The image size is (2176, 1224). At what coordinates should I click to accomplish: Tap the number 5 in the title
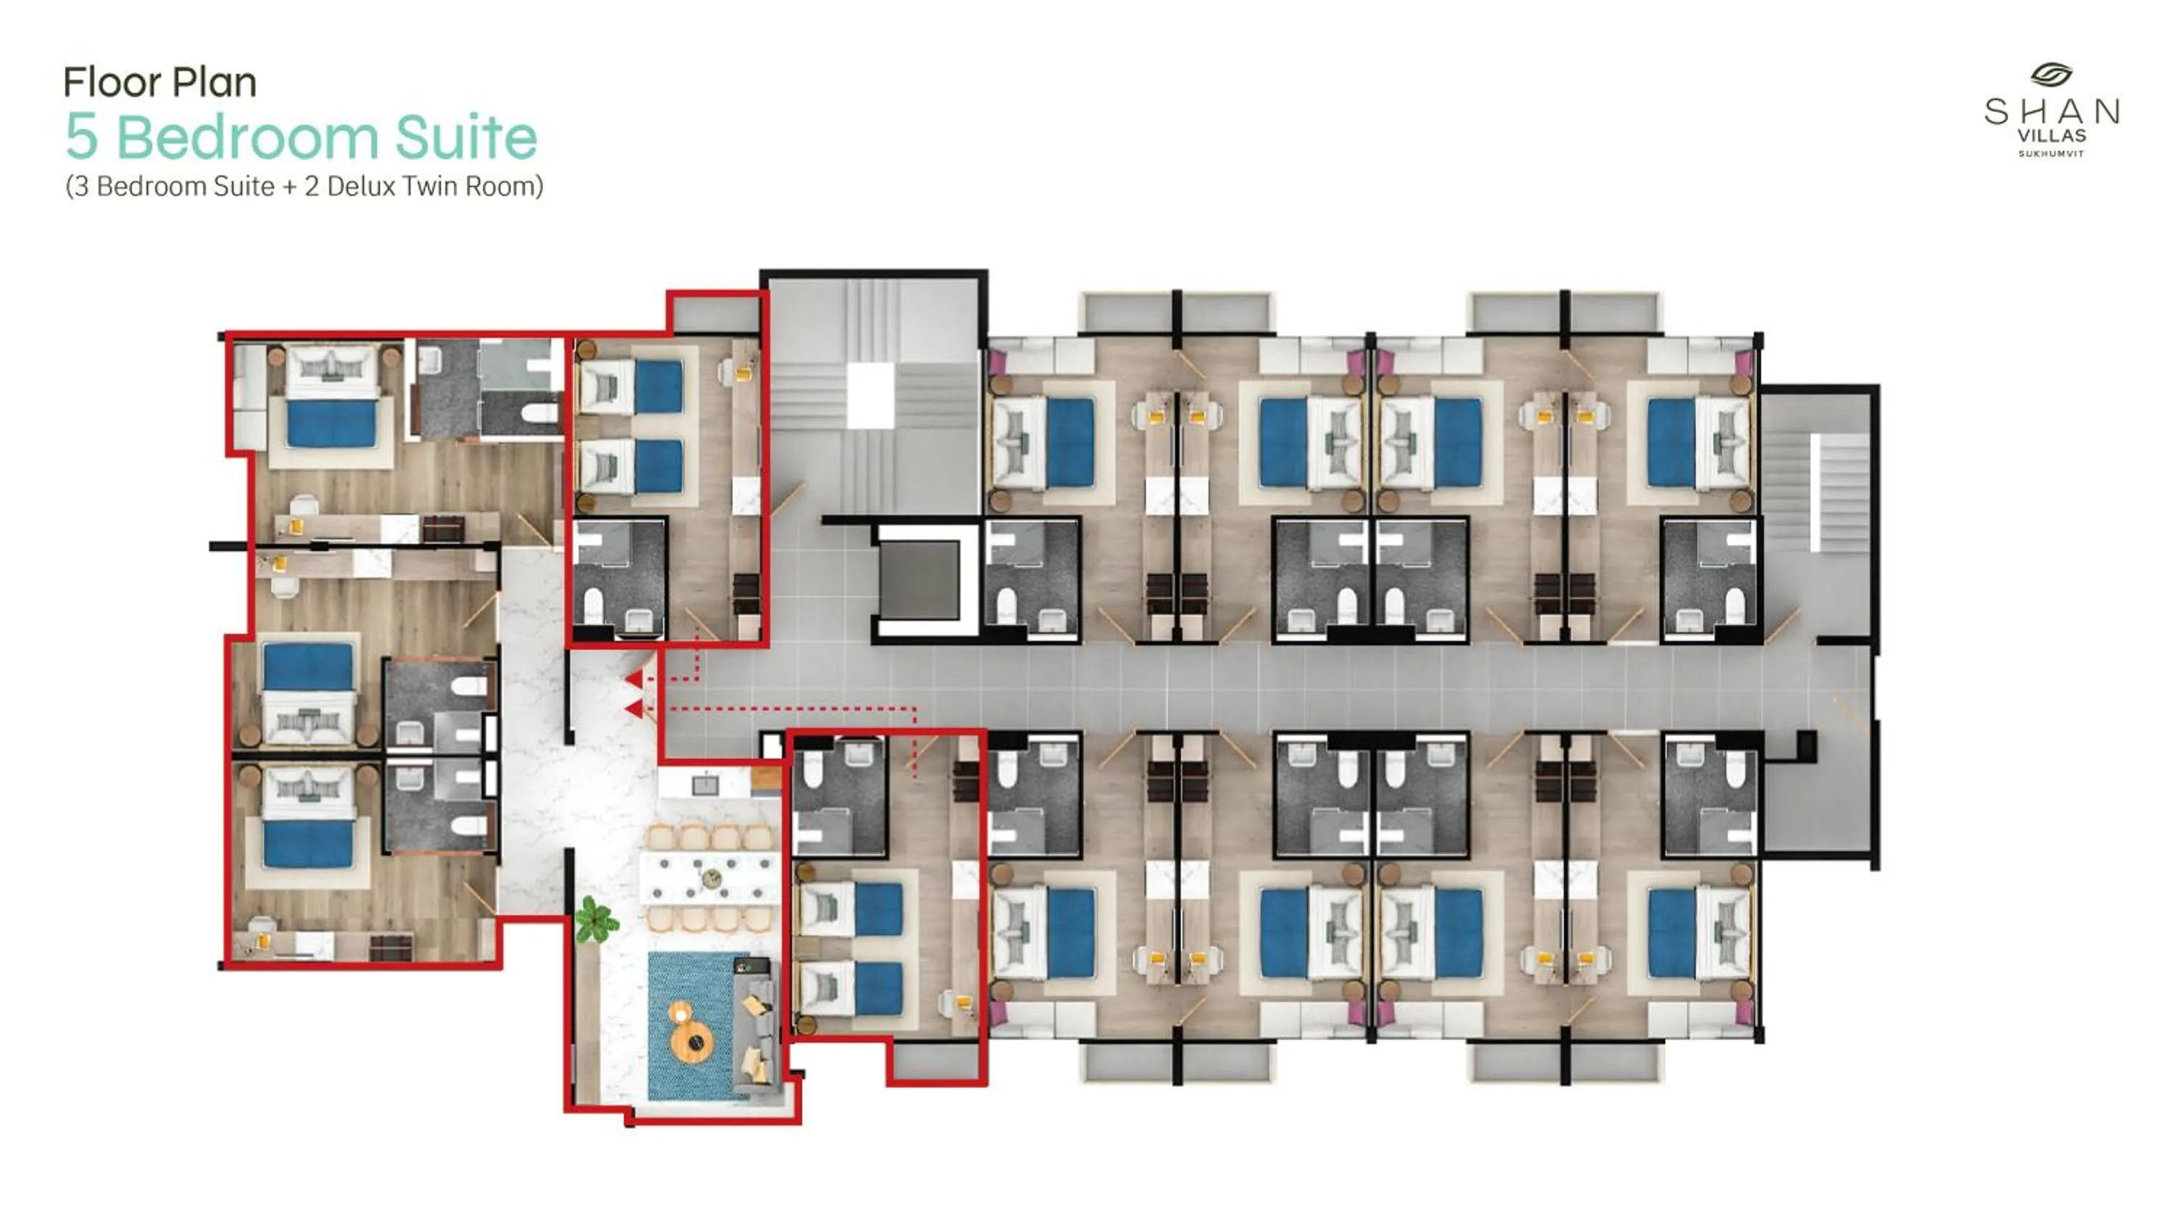point(81,138)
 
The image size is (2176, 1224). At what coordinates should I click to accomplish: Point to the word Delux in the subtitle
point(360,186)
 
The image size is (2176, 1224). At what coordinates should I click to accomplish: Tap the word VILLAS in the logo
point(2052,135)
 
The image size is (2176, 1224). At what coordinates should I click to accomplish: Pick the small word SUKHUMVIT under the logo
point(2051,154)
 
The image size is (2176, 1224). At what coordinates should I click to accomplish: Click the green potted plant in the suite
point(595,920)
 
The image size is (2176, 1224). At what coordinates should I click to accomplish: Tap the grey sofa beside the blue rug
point(757,1022)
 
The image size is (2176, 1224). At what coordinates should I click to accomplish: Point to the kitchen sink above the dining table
point(705,785)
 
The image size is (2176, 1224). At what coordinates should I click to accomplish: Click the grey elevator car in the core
point(919,579)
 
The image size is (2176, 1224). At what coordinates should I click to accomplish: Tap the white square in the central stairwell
point(870,395)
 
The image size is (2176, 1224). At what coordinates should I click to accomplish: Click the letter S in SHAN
point(1997,112)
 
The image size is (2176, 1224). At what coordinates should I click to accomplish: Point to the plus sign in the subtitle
point(289,186)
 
